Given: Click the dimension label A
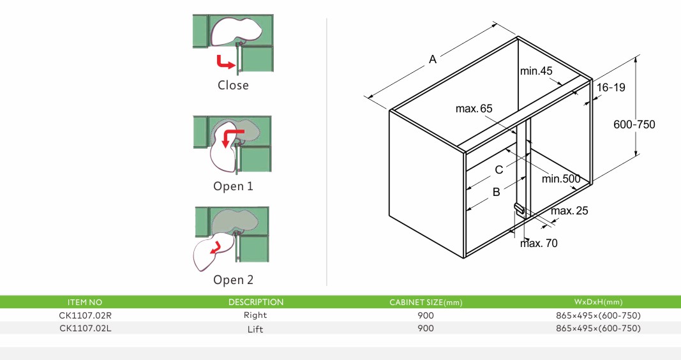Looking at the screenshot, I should [433, 59].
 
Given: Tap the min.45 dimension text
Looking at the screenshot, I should [535, 71].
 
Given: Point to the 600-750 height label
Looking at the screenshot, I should [634, 124].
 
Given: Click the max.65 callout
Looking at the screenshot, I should [474, 109].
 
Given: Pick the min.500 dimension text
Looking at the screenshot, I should [561, 179].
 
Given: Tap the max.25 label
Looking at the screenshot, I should [570, 211].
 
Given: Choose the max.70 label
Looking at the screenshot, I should [539, 243].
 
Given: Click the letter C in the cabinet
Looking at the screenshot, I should [499, 170].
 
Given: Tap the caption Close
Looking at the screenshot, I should [233, 85].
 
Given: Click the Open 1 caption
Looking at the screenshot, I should [233, 186].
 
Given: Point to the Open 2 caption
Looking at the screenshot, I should [233, 280].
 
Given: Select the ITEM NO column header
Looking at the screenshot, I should [84, 302].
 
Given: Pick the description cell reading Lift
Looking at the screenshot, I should [255, 329].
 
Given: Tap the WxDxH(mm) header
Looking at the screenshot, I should [598, 302].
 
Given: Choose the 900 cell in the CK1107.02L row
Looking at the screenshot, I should [425, 329].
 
